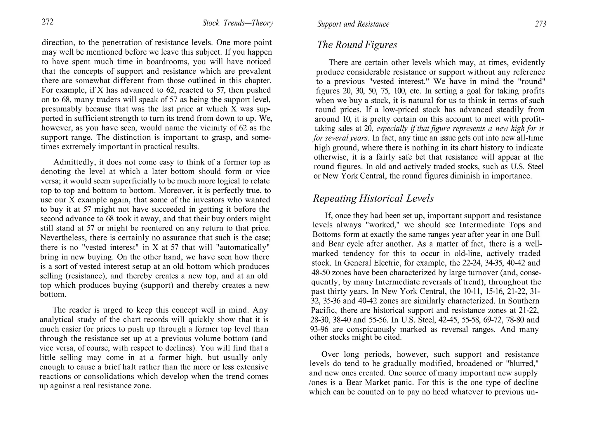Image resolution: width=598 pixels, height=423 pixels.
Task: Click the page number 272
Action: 48,22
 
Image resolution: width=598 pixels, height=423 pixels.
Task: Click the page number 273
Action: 540,24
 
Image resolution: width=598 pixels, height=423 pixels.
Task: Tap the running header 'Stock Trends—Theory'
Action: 238,23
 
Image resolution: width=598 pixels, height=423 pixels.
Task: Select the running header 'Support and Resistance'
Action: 353,24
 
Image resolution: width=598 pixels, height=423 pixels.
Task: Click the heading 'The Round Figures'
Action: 357,45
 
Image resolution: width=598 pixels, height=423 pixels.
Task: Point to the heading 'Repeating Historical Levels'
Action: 373,198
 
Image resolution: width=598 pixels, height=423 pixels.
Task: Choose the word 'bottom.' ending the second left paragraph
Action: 53,294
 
